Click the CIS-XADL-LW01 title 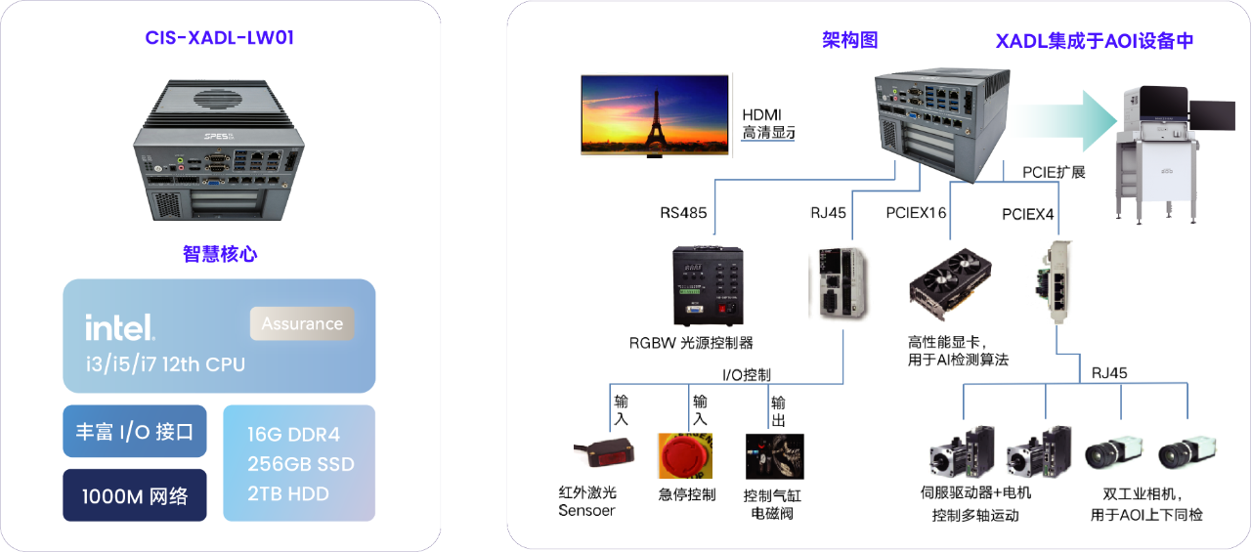tap(219, 39)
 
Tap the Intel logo tap(119, 327)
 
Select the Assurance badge tap(302, 323)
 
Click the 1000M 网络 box tap(135, 495)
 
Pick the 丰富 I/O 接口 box tap(135, 431)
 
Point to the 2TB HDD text tap(289, 493)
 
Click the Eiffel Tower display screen tap(655, 114)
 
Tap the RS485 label tap(683, 211)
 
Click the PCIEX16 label tap(916, 212)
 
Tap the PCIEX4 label tap(1028, 213)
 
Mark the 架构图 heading tap(849, 40)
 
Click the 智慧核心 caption tap(220, 253)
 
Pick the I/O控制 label tap(747, 374)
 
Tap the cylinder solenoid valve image tap(774, 455)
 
